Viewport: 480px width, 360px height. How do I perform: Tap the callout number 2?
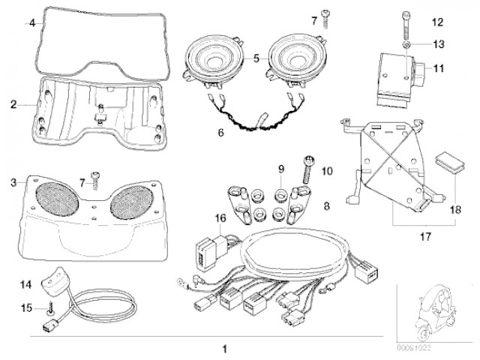pos(13,105)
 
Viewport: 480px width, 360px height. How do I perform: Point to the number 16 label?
pos(220,217)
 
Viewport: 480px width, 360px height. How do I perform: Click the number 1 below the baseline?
pos(223,349)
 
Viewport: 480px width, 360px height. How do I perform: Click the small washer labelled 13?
pos(406,44)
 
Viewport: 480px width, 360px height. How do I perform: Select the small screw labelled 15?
pos(49,307)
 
